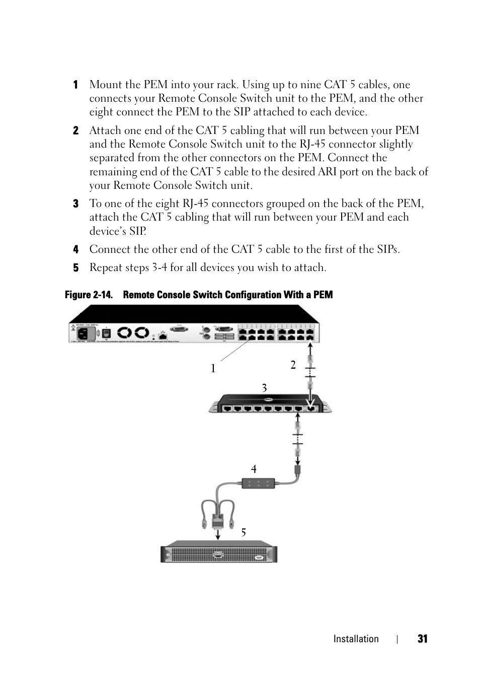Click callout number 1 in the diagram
click(x=213, y=369)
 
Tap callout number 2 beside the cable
click(x=293, y=365)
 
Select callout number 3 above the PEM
click(x=264, y=388)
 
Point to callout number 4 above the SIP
click(x=254, y=469)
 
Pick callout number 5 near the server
click(x=244, y=532)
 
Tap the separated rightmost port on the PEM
click(x=311, y=408)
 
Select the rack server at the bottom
click(x=219, y=553)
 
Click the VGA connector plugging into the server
click(x=218, y=519)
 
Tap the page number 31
click(x=422, y=639)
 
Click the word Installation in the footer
click(x=356, y=639)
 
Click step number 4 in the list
click(x=76, y=249)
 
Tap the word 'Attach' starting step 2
click(x=105, y=130)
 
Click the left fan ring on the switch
click(x=124, y=333)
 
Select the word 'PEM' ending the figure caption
click(x=323, y=295)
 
